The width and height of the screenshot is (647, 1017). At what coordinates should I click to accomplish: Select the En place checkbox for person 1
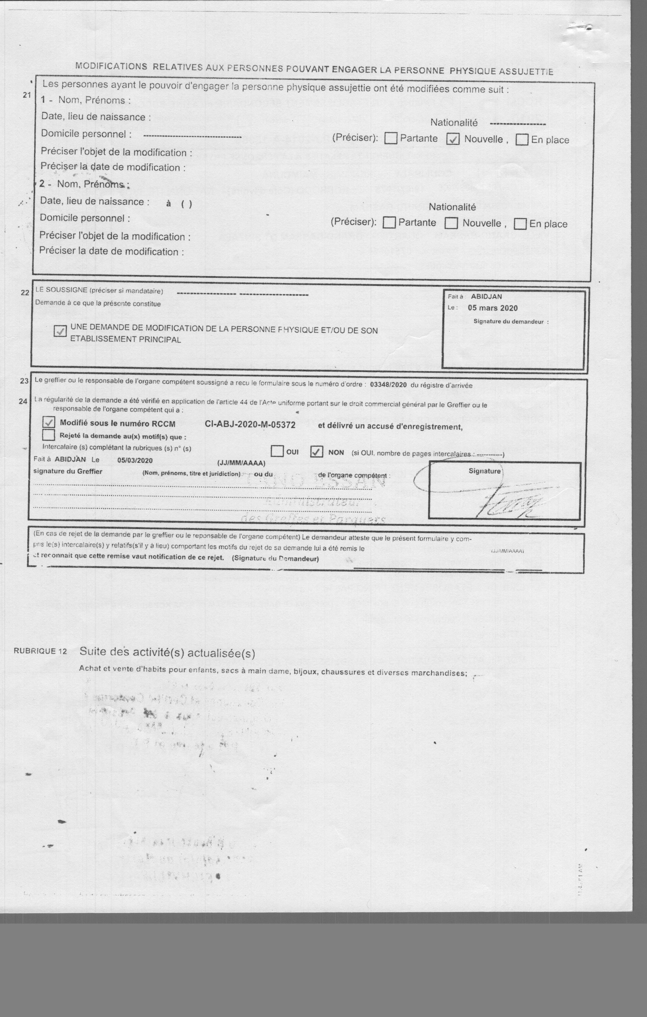point(522,140)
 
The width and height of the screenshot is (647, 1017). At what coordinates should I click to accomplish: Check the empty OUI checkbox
point(277,451)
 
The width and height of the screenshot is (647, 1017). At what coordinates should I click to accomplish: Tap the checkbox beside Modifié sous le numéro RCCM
point(49,422)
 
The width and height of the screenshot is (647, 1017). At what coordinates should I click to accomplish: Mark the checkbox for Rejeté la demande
point(49,435)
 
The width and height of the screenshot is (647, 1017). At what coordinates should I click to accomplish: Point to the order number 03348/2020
point(388,385)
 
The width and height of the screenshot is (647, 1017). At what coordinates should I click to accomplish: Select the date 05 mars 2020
point(493,308)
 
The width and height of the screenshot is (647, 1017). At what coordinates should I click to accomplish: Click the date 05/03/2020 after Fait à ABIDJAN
point(135,460)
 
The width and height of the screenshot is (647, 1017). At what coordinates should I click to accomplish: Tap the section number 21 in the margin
point(27,95)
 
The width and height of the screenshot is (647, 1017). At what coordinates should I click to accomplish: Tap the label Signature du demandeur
point(511,322)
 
